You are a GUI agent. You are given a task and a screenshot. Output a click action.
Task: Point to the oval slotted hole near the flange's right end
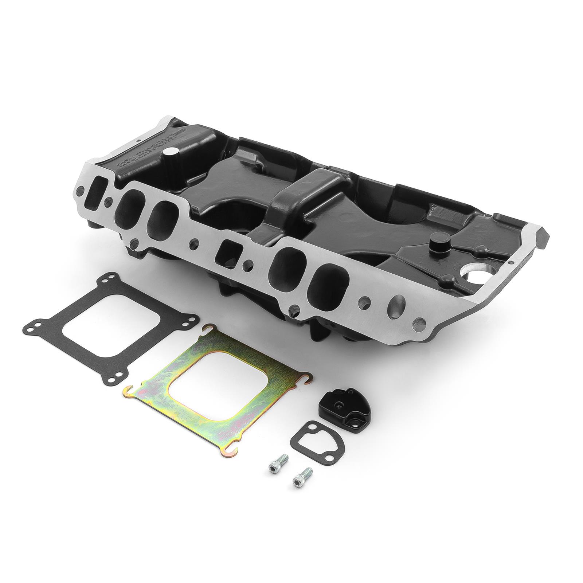pyautogui.click(x=396, y=302)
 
